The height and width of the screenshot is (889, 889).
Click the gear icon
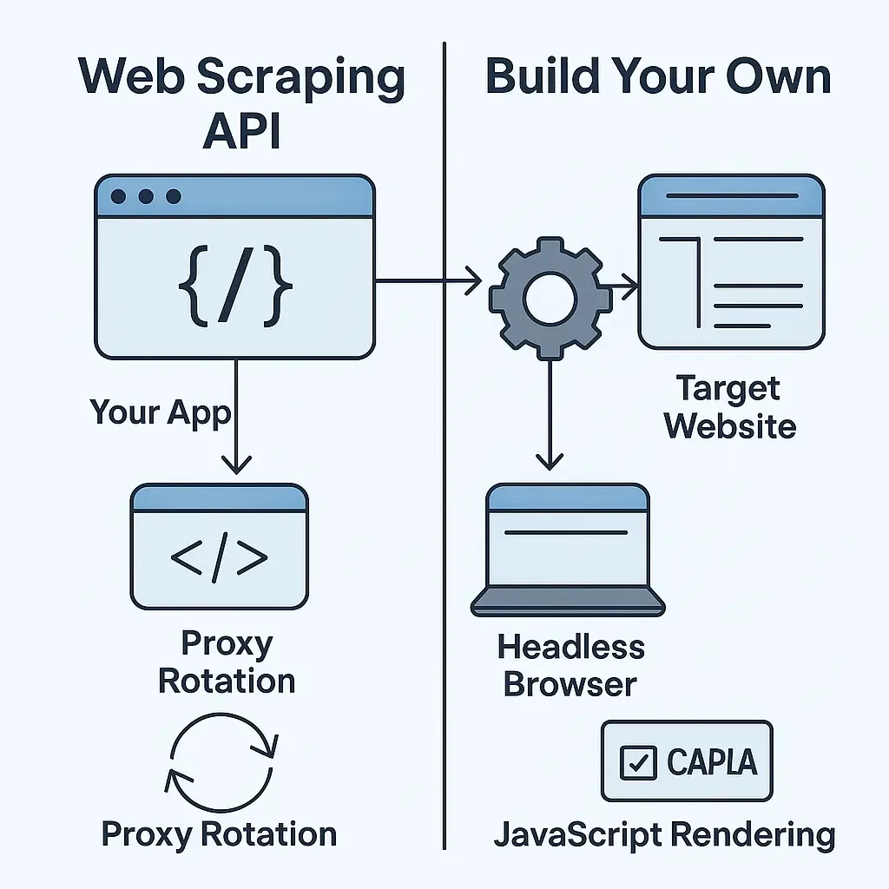(x=549, y=295)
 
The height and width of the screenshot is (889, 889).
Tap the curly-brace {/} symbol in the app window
(x=235, y=283)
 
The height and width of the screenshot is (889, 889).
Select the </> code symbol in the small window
(x=219, y=559)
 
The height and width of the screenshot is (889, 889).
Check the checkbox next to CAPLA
(x=638, y=762)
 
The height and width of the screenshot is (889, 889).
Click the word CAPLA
(x=712, y=762)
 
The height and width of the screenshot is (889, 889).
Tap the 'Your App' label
(x=161, y=412)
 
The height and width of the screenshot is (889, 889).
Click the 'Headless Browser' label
(x=570, y=665)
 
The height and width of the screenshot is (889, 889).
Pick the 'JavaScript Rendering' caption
(x=664, y=835)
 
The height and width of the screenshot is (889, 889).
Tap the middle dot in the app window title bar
(x=146, y=197)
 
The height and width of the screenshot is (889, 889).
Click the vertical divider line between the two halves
(x=444, y=521)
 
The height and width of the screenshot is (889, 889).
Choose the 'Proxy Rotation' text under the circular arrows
(x=219, y=835)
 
